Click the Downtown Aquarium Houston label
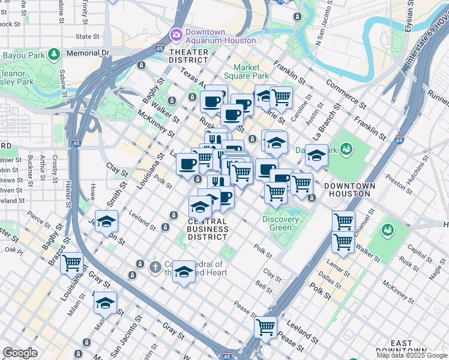point(220,36)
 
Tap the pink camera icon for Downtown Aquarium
point(176,34)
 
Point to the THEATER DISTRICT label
point(188,56)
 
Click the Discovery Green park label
point(280,223)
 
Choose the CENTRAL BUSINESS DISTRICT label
point(208,229)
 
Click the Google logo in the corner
point(20,353)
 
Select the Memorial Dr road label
point(88,53)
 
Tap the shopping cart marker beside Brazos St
point(72,262)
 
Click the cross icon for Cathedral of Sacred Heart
point(155,266)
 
